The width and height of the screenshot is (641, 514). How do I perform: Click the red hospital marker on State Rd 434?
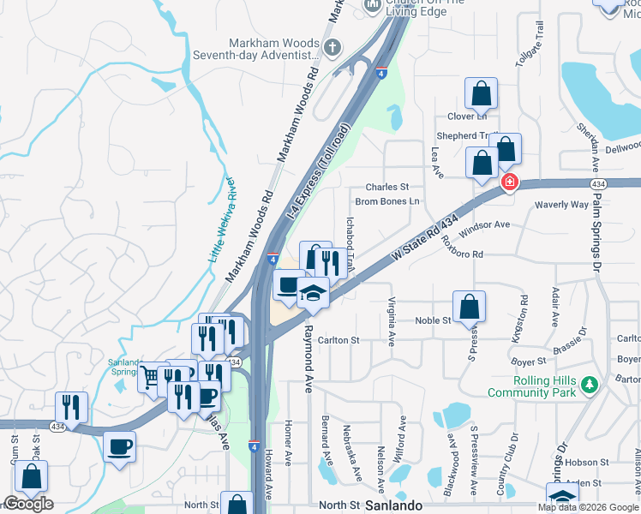(510, 182)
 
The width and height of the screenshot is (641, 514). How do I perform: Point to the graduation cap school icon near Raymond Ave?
(314, 294)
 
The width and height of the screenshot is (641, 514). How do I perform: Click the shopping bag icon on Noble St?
(469, 307)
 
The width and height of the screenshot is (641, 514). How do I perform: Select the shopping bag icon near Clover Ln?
(482, 94)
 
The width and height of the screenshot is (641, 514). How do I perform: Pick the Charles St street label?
(387, 187)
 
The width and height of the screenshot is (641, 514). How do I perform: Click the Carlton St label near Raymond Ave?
(339, 340)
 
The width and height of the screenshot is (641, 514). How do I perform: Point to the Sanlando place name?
(394, 505)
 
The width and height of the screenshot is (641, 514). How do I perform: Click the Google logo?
(27, 504)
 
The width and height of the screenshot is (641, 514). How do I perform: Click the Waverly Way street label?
(562, 205)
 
